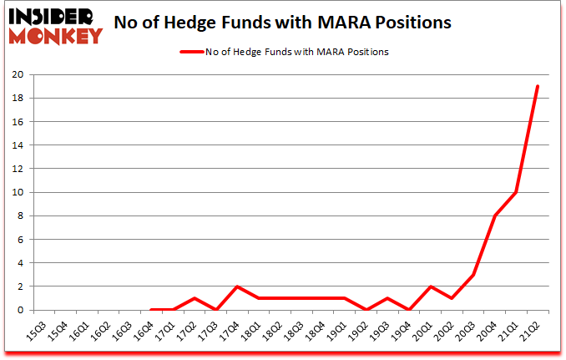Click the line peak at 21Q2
[538, 86]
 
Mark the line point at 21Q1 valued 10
[516, 192]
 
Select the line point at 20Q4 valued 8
[495, 215]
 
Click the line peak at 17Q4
[237, 286]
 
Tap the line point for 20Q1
[430, 286]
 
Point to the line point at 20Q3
[473, 274]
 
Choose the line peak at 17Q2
[194, 297]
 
